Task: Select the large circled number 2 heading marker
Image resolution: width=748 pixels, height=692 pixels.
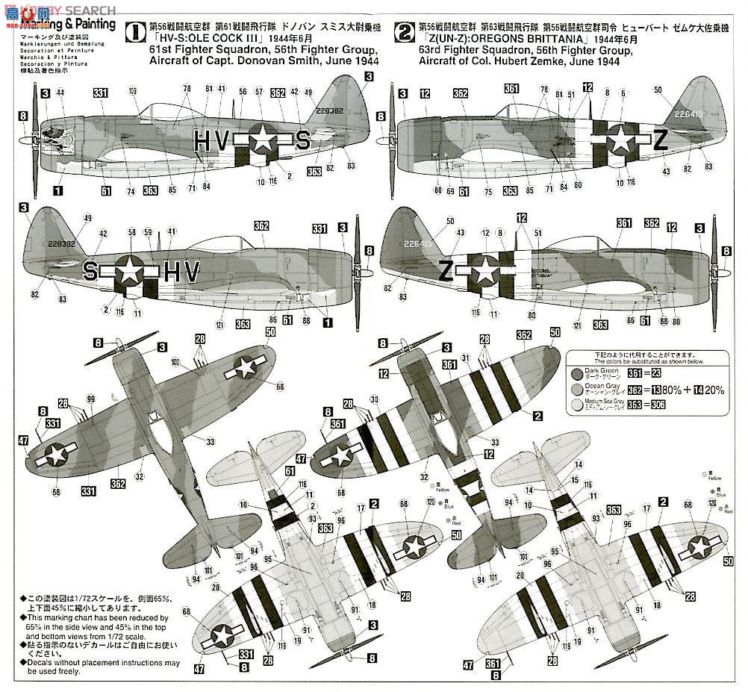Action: point(404,33)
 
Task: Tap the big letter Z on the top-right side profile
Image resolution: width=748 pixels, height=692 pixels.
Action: point(660,144)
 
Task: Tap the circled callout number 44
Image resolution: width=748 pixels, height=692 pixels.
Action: point(60,93)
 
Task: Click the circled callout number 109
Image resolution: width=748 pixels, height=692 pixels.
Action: point(133,92)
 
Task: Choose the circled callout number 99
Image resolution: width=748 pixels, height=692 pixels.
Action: point(91,399)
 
